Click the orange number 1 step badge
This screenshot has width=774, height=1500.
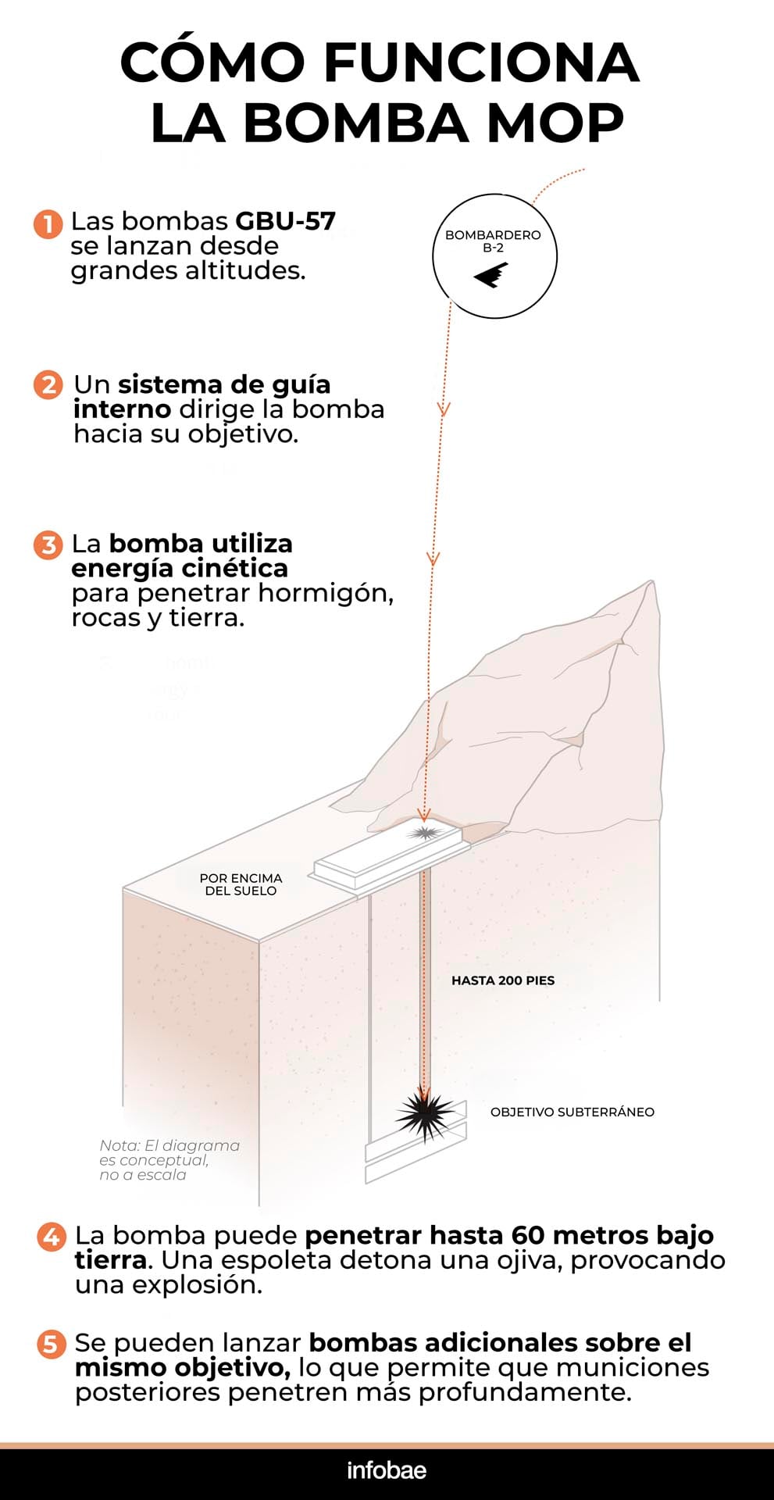tap(48, 223)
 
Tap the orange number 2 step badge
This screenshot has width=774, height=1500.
tap(48, 385)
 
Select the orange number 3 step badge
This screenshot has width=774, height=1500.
tap(48, 545)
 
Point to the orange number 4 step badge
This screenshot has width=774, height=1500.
tap(52, 1237)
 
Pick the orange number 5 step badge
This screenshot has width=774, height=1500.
tap(52, 1344)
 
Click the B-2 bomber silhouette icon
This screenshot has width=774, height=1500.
tap(492, 275)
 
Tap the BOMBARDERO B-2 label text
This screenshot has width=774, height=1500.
tap(493, 241)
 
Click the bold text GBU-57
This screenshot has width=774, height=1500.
tap(285, 221)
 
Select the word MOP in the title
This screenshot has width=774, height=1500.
tap(555, 123)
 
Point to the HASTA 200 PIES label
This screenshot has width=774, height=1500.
tap(503, 980)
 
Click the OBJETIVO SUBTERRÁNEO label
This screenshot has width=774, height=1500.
tap(572, 1112)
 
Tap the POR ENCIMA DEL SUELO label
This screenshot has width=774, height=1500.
tap(241, 884)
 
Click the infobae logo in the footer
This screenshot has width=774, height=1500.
tap(387, 1470)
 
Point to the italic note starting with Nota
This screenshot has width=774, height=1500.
tap(169, 1160)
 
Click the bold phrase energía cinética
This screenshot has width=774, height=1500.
tap(180, 568)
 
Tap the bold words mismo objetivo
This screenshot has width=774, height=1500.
tap(183, 1368)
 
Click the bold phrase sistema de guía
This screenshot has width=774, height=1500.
tap(224, 384)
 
